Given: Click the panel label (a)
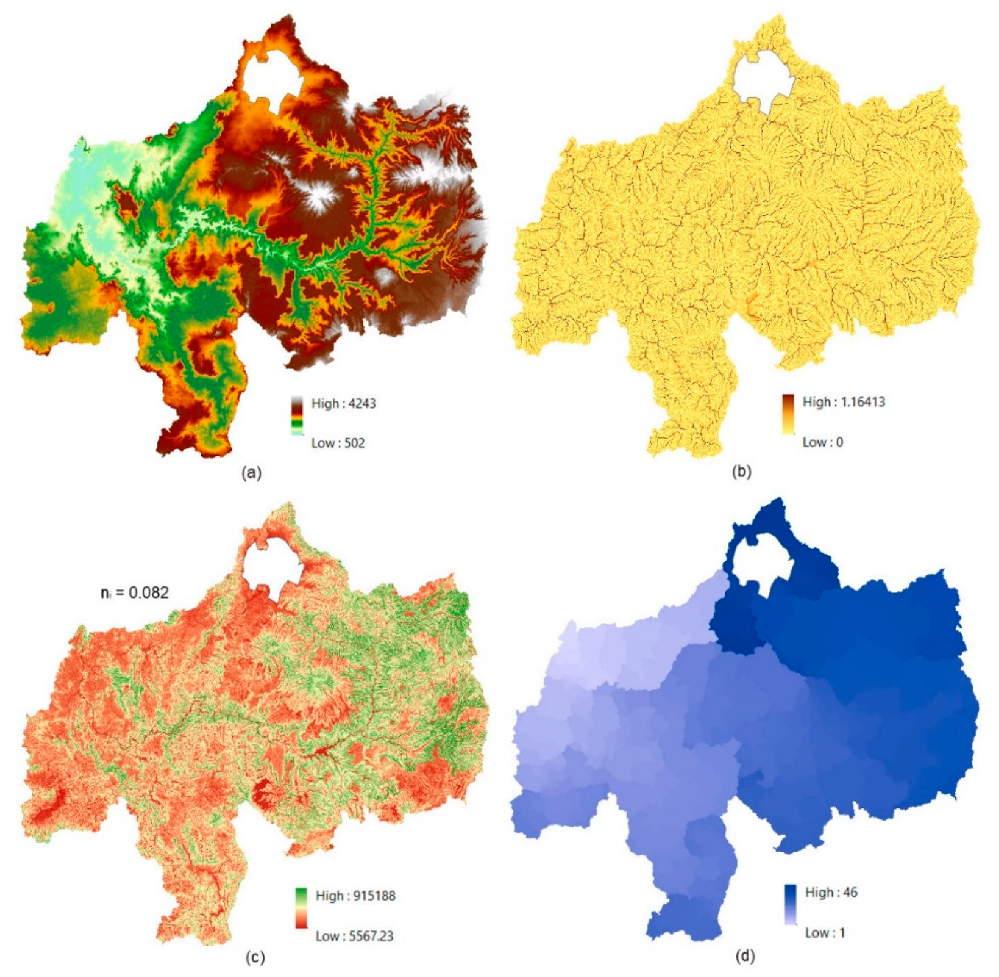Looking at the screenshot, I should point(251,472).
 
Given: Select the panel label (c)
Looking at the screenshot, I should point(255,957).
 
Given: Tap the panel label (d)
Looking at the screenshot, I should point(744,956).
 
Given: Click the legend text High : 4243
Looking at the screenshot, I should point(343,403).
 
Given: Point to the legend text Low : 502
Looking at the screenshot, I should point(338,443).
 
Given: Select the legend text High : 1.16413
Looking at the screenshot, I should point(843,402).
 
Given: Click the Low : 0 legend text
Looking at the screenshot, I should point(823,442).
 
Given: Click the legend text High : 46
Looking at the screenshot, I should point(831,892).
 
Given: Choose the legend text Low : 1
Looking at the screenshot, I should point(825,932).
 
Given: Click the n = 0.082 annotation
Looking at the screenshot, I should point(135,592).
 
